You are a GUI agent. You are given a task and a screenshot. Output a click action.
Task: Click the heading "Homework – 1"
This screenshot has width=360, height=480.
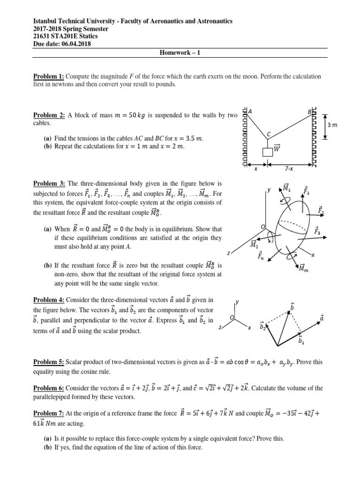tap(180, 52)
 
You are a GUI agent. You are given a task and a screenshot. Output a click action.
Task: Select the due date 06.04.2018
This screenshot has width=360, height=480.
tap(72, 44)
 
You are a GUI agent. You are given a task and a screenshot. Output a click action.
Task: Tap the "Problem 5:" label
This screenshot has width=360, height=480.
tap(49, 362)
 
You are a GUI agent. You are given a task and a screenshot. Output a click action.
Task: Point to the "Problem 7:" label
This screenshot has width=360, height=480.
tap(49, 414)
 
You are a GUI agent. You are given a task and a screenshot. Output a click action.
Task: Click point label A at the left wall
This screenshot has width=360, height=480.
tap(251, 112)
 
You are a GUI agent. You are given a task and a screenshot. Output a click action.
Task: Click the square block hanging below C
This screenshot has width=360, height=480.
tap(268, 152)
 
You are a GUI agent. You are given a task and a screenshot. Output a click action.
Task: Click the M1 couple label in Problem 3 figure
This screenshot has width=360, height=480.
tap(285, 188)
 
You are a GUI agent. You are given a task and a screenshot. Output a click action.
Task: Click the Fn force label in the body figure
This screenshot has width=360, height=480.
tap(260, 256)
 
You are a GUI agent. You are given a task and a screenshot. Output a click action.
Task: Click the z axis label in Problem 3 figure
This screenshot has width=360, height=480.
tap(228, 253)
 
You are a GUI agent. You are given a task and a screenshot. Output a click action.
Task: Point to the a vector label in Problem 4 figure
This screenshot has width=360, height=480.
tap(322, 318)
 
